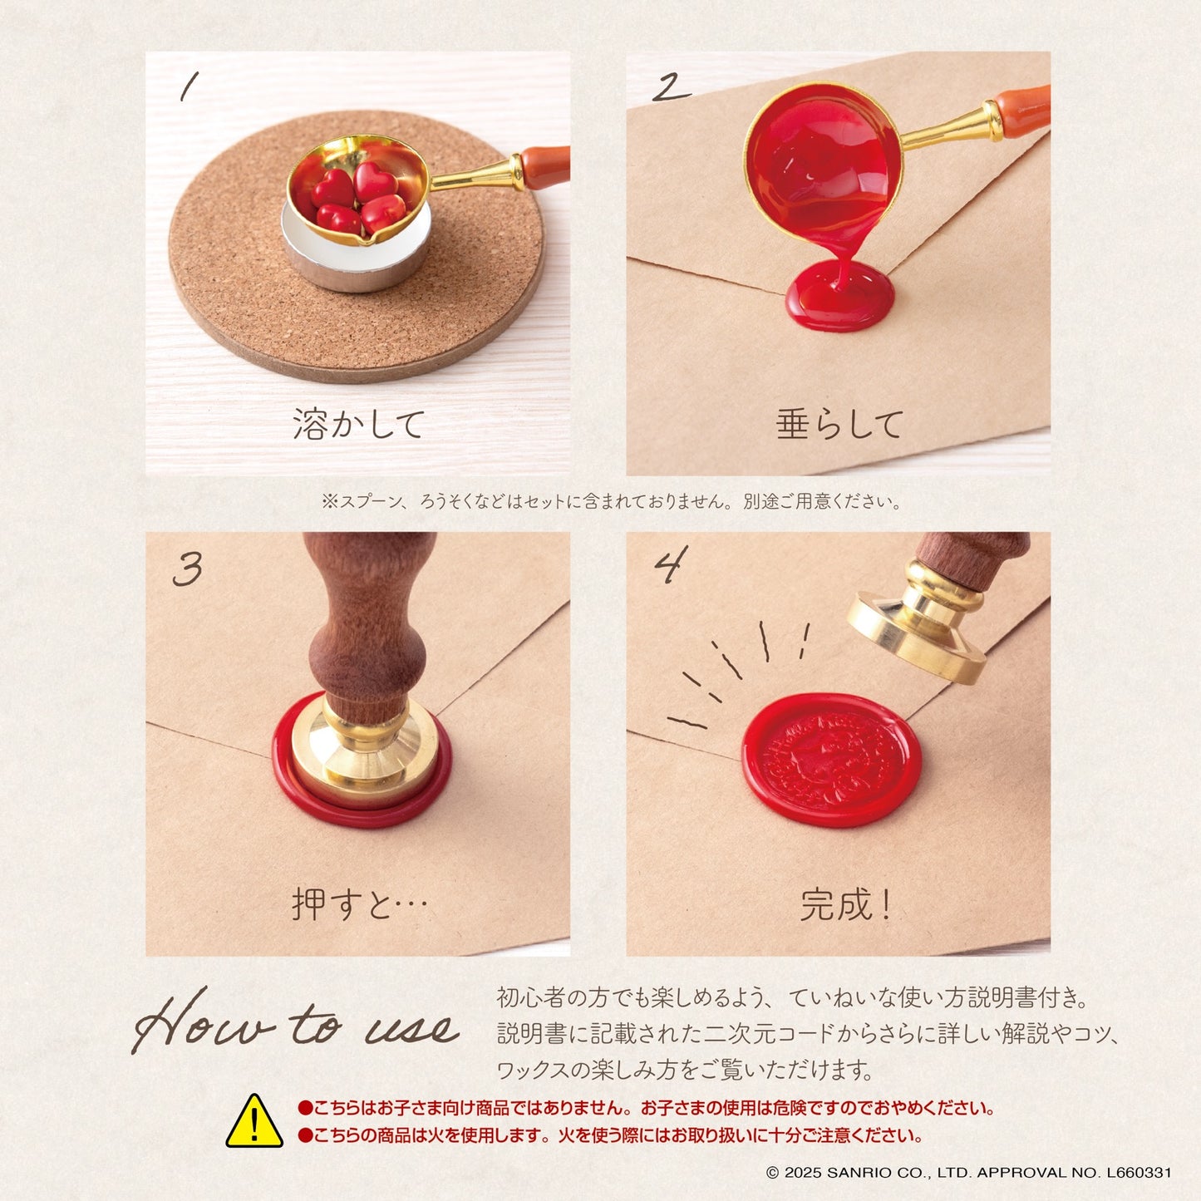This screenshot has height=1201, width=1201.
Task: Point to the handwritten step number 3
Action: click(187, 569)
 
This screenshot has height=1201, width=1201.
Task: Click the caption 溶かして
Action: click(358, 424)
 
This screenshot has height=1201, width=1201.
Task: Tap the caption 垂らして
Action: click(839, 424)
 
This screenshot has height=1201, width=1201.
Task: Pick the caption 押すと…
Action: click(359, 904)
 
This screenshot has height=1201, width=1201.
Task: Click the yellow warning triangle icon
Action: click(254, 1123)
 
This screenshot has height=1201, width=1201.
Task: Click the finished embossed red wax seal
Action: click(831, 759)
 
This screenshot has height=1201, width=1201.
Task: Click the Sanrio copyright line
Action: click(968, 1172)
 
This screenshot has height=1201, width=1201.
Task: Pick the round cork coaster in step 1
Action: click(357, 246)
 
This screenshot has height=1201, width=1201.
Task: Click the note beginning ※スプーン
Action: click(611, 501)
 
